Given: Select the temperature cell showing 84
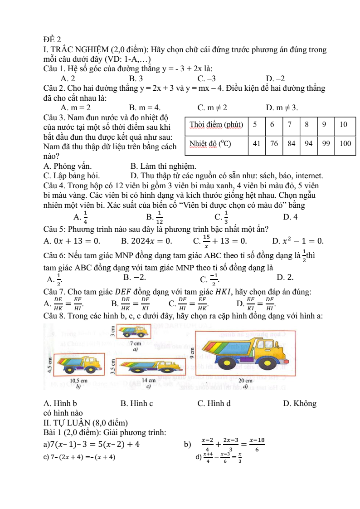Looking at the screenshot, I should [x=292, y=144].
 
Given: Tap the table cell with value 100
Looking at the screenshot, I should [x=345, y=144].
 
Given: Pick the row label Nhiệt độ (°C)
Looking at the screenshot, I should [x=210, y=144].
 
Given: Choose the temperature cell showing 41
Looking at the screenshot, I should [x=257, y=144].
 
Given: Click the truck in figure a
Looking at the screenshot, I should [x=134, y=332].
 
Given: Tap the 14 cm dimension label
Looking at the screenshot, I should [x=149, y=380].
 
